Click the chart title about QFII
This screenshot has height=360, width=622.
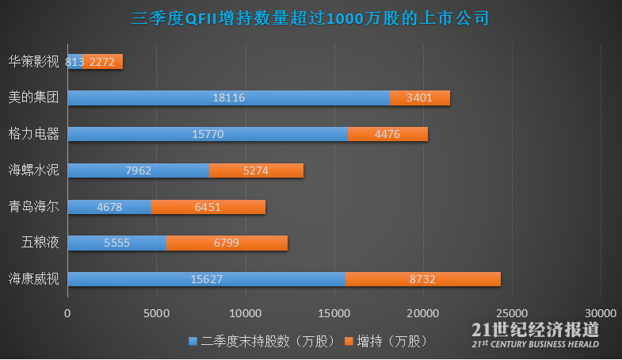tap(310, 18)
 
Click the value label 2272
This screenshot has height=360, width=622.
tap(104, 62)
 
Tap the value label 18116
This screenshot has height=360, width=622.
tap(228, 98)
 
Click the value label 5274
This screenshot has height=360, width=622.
tap(255, 170)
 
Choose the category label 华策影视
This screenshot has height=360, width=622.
tap(33, 61)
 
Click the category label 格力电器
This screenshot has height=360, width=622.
tap(33, 134)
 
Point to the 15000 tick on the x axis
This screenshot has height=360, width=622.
tap(334, 313)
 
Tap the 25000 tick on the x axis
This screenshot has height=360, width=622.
tap(511, 313)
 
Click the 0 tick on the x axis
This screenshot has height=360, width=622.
tap(68, 313)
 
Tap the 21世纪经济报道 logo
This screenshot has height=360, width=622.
tap(535, 335)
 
